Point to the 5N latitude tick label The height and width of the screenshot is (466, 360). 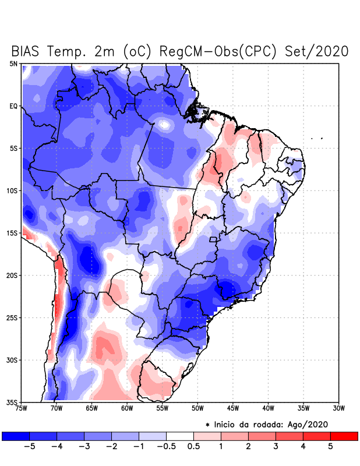coord(13,63)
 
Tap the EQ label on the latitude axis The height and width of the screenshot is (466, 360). coord(13,106)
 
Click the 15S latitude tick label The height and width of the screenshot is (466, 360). coord(12,233)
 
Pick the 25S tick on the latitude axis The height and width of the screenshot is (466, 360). coord(12,317)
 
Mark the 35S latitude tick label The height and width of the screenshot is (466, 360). coord(12,402)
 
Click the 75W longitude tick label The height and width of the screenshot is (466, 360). coord(22,408)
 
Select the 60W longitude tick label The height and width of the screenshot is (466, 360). coord(127,408)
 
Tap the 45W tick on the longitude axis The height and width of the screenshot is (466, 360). coord(233,408)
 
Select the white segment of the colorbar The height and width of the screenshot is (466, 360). coord(179,436)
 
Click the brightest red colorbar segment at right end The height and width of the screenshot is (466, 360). coord(344,436)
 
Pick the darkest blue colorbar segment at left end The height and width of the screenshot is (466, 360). coord(16,436)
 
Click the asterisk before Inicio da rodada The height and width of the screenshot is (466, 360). coord(208,425)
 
